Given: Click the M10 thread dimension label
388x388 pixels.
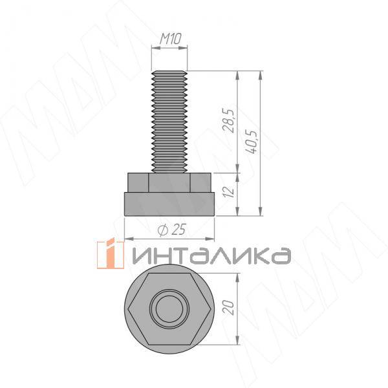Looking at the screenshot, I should point(169,40).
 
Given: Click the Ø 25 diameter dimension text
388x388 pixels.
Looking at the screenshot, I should point(171,229).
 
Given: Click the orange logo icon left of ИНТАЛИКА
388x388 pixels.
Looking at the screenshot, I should point(110,254).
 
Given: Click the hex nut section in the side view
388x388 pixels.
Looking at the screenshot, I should point(169,182).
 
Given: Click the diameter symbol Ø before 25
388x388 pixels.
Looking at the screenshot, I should point(163,230).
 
